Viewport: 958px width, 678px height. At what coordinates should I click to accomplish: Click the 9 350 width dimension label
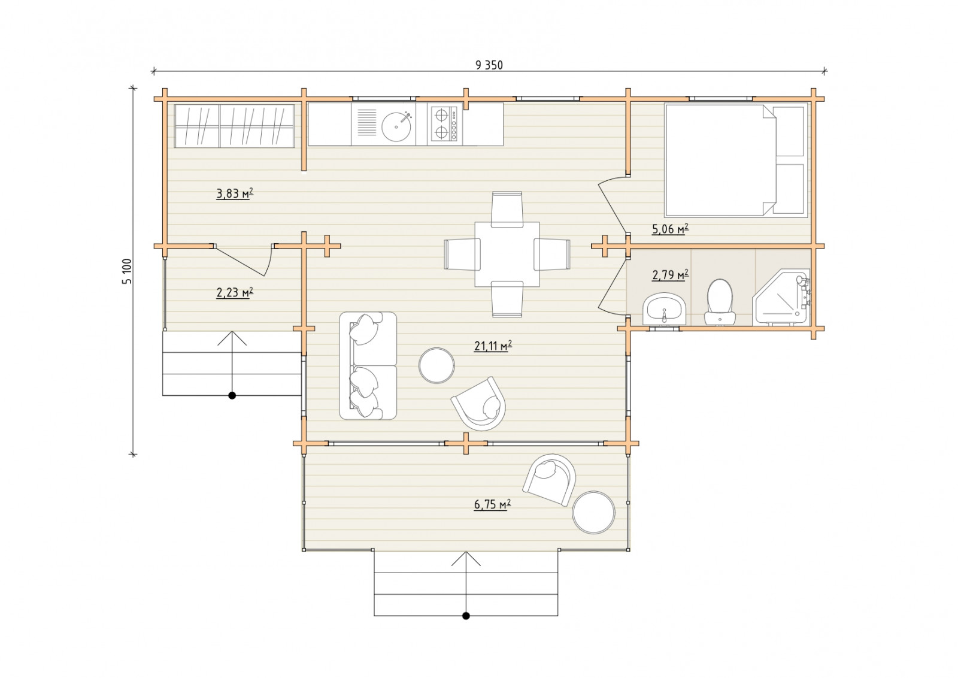[x=489, y=65]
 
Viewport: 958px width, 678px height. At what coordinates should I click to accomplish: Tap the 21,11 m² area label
[x=493, y=346]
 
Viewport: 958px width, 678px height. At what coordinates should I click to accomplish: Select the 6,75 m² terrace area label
[x=493, y=505]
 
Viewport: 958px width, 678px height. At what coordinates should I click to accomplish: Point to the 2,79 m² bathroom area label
[x=670, y=275]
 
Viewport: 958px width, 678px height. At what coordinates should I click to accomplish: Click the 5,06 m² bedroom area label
[x=670, y=229]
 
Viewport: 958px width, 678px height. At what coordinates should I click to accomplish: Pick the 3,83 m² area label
[x=235, y=194]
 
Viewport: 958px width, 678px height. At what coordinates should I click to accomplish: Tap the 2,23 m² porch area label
[x=235, y=293]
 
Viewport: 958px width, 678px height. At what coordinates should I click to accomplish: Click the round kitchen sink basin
[x=396, y=126]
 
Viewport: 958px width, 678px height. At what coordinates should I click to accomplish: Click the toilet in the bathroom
[x=720, y=302]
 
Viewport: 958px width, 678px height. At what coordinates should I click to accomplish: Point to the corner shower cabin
[x=781, y=296]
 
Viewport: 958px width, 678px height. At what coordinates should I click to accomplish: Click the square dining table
[x=507, y=254]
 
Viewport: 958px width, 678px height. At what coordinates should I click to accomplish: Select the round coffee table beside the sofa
[x=436, y=365]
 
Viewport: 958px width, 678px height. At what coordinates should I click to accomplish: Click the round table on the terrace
[x=593, y=513]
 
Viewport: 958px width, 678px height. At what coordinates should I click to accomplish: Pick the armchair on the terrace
[x=549, y=480]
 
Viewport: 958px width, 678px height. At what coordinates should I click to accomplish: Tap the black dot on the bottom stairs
[x=466, y=616]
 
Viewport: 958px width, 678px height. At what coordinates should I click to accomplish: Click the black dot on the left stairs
[x=232, y=396]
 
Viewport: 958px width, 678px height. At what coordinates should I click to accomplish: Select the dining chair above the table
[x=507, y=209]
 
